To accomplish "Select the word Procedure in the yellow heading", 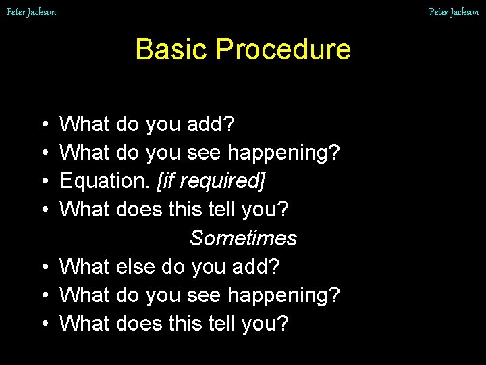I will coord(283,49).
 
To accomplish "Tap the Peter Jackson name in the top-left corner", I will coord(31,11).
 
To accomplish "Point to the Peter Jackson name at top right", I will coord(454,11).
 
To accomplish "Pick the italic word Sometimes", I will coord(243,238).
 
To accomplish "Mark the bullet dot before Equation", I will coord(43,182).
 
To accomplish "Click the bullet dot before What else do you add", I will coord(43,267).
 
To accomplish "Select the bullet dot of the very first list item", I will coord(43,125).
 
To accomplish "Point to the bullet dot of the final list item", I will coord(43,324).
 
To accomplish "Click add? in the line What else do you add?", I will coord(254,266).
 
